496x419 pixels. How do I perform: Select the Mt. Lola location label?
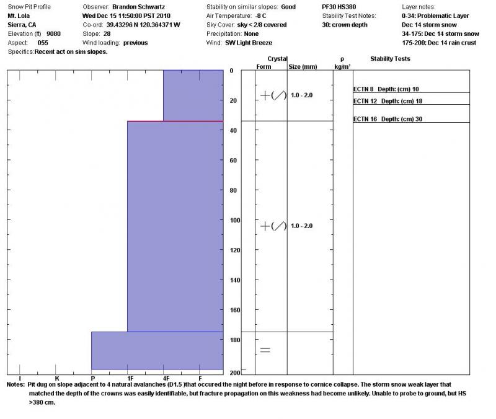[x=20, y=15]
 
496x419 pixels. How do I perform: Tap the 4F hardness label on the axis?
[x=165, y=377]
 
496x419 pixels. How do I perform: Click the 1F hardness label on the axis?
[x=128, y=377]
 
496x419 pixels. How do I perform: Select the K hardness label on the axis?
[x=56, y=377]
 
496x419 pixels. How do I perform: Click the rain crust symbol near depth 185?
[x=265, y=350]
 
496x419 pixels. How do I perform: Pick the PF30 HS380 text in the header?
[x=339, y=7]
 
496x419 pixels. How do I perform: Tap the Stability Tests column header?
[x=390, y=59]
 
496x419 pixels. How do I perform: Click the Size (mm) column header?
[x=303, y=66]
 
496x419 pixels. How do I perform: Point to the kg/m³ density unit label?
[x=342, y=66]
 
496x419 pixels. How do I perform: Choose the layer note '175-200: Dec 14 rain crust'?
[x=440, y=43]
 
